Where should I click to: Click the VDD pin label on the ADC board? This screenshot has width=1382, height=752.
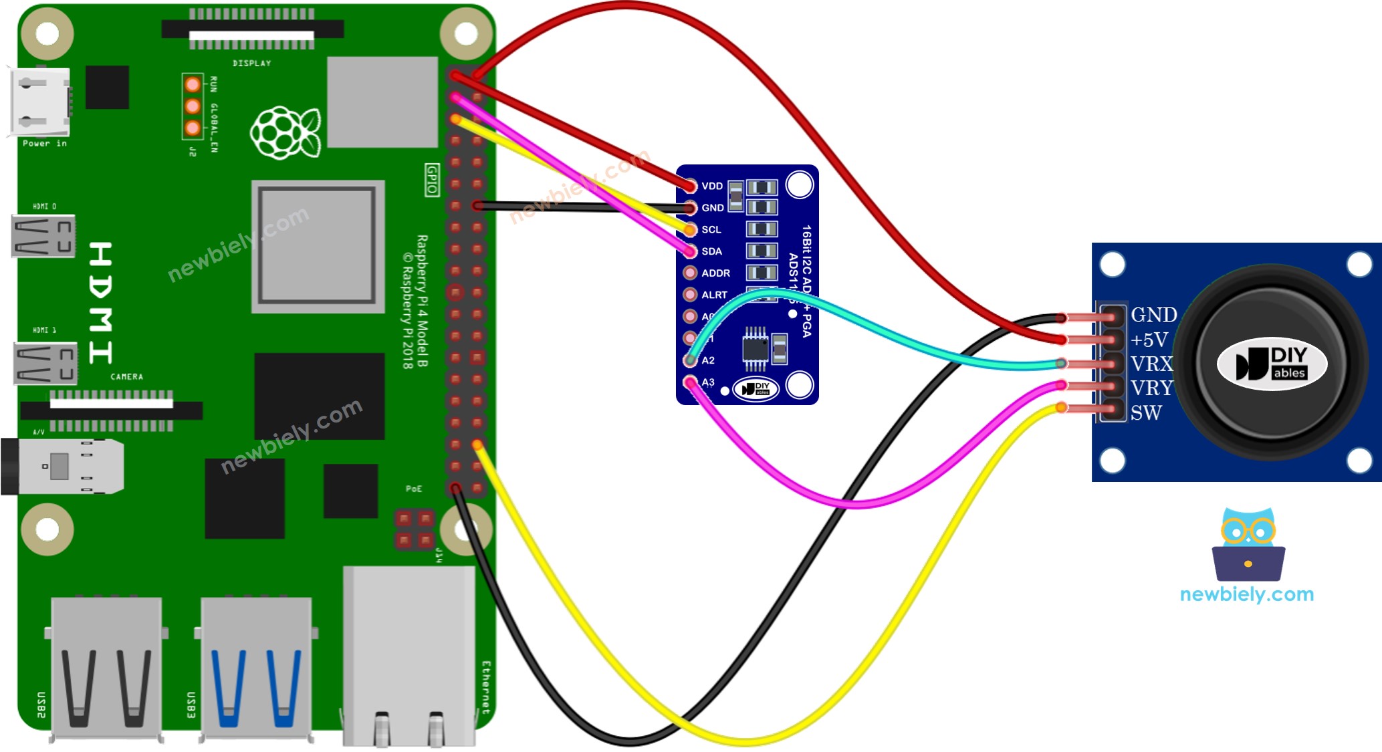pyautogui.click(x=712, y=186)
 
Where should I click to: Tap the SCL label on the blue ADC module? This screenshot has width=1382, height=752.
pyautogui.click(x=711, y=229)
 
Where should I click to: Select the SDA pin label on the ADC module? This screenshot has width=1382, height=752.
pyautogui.click(x=711, y=251)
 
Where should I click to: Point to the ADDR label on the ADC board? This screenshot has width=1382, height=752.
pyautogui.click(x=715, y=273)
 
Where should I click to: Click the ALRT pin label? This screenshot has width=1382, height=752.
pyautogui.click(x=714, y=295)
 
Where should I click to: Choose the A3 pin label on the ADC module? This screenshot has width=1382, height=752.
pyautogui.click(x=708, y=382)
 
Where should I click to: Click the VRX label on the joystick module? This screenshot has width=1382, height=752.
pyautogui.click(x=1152, y=364)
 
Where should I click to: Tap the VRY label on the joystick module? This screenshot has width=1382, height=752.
pyautogui.click(x=1152, y=388)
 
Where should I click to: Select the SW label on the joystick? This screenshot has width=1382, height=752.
pyautogui.click(x=1146, y=413)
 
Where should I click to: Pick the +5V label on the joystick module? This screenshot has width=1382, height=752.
pyautogui.click(x=1149, y=340)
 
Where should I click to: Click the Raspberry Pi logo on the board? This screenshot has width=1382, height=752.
pyautogui.click(x=285, y=132)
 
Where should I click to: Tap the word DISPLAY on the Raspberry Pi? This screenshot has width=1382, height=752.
pyautogui.click(x=252, y=64)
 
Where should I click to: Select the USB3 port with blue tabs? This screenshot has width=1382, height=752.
pyautogui.click(x=256, y=668)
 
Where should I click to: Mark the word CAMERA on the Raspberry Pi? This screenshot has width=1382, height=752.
pyautogui.click(x=126, y=377)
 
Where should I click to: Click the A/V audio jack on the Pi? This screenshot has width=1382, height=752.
pyautogui.click(x=64, y=466)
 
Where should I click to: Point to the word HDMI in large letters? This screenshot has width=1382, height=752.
pyautogui.click(x=100, y=303)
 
